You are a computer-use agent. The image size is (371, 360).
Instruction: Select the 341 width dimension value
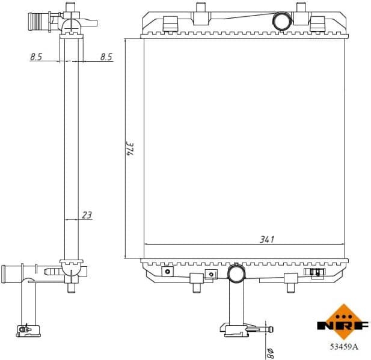[x=266, y=239]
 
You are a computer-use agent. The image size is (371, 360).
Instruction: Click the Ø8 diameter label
[x=268, y=350]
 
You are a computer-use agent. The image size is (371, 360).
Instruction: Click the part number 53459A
[x=343, y=346]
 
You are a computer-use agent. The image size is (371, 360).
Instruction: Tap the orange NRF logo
[x=343, y=325]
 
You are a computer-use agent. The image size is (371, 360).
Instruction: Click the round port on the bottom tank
[x=236, y=273]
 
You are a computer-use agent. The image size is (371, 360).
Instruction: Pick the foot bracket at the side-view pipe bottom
[x=26, y=329]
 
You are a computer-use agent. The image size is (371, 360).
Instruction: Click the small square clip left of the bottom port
[x=210, y=275]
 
